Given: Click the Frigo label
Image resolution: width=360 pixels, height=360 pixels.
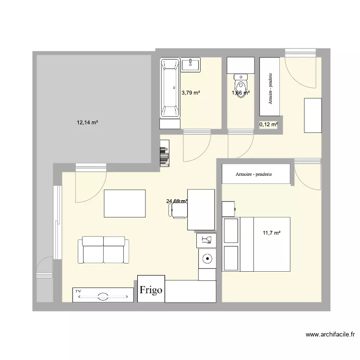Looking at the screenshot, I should [151, 289].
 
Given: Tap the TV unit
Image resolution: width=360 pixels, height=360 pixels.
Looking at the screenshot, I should [103, 295].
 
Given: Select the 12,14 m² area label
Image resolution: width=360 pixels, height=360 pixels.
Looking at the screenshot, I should [87, 122].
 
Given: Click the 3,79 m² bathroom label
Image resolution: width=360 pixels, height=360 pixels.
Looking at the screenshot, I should [191, 93].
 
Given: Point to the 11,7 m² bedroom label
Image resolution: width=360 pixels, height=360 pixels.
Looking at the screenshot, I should [271, 233].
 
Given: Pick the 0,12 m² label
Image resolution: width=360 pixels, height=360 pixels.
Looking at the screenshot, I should [268, 125].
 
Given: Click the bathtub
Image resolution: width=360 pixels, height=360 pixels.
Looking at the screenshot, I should [170, 88].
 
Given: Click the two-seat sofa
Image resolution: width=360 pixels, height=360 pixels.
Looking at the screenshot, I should [104, 250].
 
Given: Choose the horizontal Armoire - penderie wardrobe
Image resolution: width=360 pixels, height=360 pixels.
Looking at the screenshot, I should [256, 174].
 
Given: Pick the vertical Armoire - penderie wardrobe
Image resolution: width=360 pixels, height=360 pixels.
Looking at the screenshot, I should [269, 86].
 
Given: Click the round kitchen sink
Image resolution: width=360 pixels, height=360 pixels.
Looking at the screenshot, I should [207, 258].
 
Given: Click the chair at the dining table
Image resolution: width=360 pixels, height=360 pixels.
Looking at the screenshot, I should [179, 211].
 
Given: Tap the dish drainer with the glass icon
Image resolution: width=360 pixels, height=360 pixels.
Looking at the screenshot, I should [207, 240].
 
